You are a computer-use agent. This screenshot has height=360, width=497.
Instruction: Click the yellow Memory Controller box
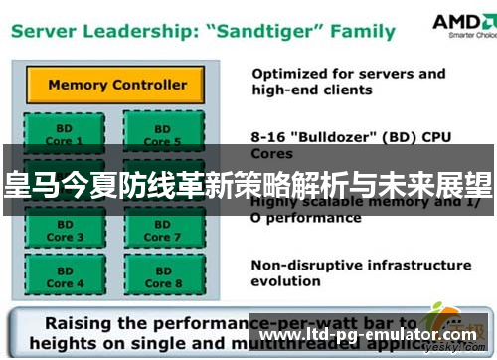(117, 85)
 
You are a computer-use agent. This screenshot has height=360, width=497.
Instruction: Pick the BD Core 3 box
(61, 232)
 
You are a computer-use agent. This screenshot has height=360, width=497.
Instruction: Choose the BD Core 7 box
(162, 232)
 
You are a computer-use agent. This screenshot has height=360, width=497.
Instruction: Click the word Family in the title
(363, 31)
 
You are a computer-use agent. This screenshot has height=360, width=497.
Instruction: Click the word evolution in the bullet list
(286, 281)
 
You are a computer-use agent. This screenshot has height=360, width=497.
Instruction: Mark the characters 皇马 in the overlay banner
(30, 184)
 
